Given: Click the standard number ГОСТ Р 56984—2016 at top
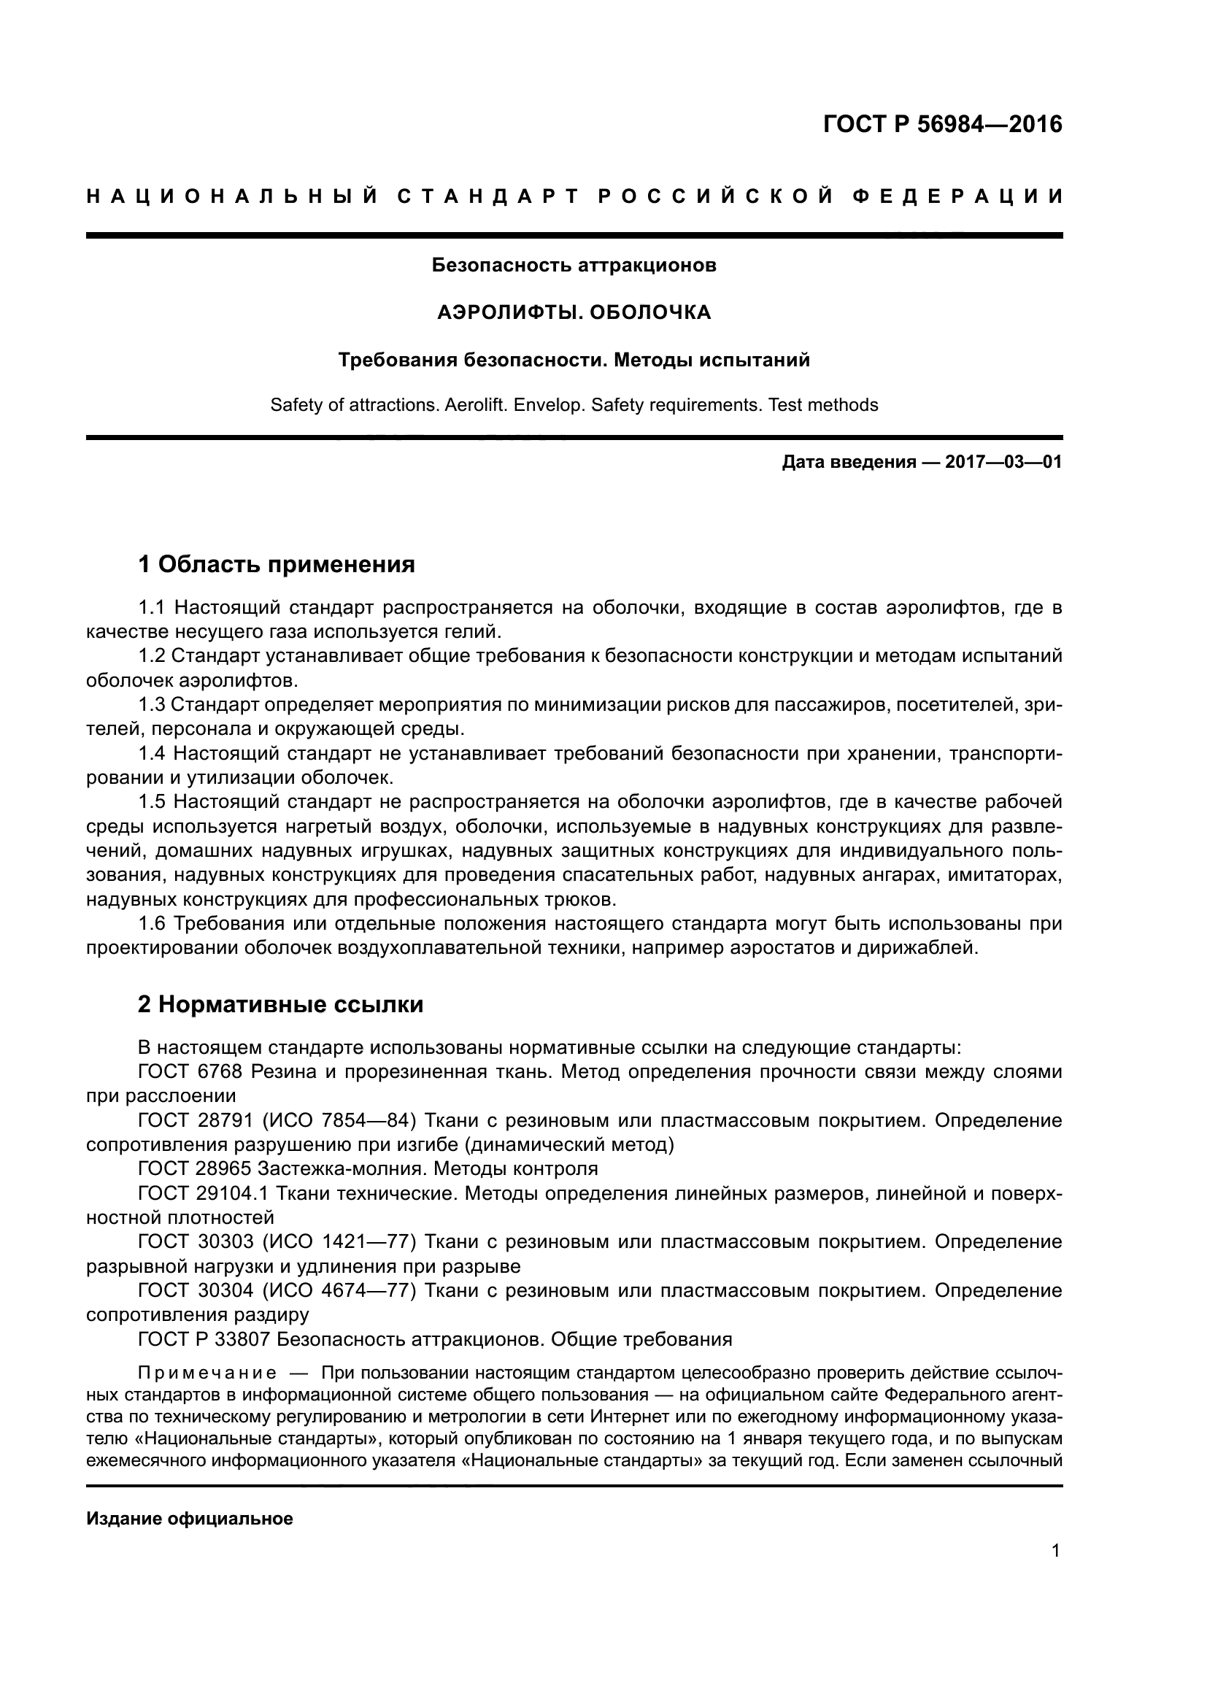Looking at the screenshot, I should pos(942,124).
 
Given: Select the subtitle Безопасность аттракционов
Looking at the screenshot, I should pos(574,266).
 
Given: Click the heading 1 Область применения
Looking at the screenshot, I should pos(277,565).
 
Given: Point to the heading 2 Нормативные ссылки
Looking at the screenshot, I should pos(280,1004).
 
